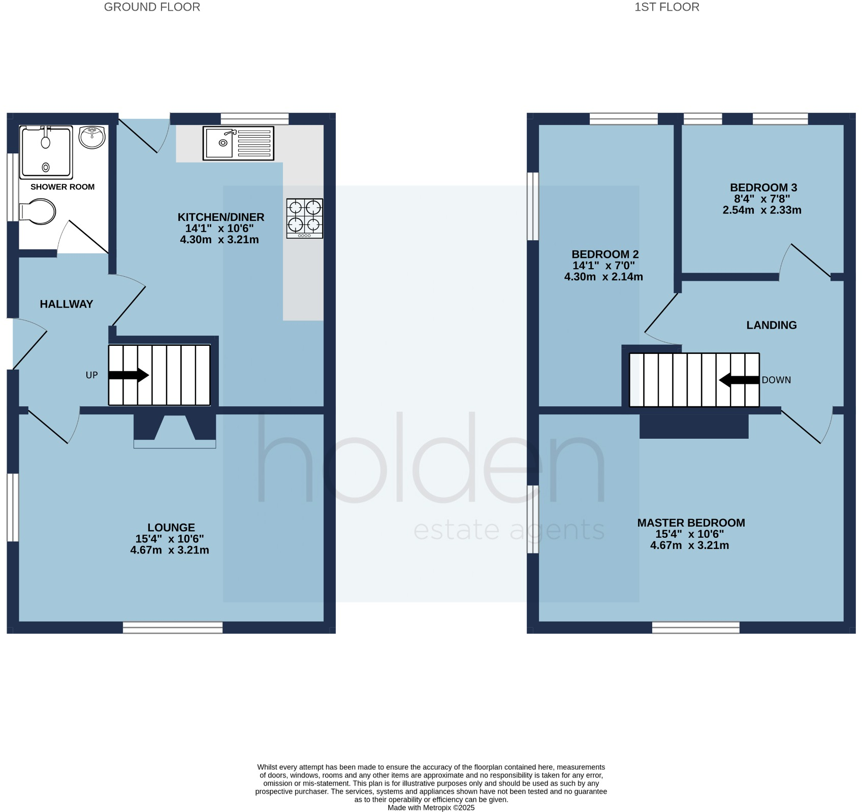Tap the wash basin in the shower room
point(92,137)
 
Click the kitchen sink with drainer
point(238,143)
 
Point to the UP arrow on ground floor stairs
point(128,375)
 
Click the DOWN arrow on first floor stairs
point(739,380)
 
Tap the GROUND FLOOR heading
point(152,7)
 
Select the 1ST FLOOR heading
point(666,7)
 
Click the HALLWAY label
point(67,304)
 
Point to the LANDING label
point(771,325)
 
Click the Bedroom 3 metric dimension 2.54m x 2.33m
point(761,210)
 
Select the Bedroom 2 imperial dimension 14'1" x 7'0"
point(603,266)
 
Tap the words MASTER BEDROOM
point(691,523)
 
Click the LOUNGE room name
point(171,528)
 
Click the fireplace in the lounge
point(175,432)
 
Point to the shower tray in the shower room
point(46,152)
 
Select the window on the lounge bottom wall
point(173,628)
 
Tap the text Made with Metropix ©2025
point(431,807)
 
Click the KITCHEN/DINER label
point(220,217)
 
